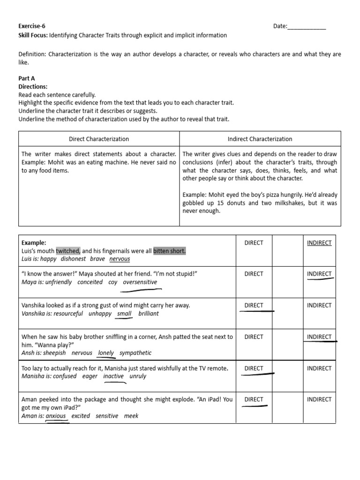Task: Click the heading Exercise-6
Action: point(32,26)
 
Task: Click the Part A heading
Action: point(27,79)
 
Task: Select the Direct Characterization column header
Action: point(99,139)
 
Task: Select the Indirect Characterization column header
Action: point(260,139)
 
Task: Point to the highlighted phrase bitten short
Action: point(169,251)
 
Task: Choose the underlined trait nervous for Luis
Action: point(120,259)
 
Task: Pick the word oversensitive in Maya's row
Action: point(140,282)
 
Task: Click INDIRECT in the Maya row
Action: point(319,274)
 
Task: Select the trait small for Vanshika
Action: point(124,314)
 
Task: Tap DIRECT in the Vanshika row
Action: point(254,305)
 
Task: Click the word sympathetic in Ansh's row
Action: point(135,353)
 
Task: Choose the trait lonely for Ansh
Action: point(106,353)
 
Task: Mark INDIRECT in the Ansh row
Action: point(319,337)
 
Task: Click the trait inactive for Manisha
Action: point(113,376)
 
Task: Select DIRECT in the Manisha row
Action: point(254,368)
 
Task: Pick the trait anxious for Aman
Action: point(56,416)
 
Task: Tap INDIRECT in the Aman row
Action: point(319,399)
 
